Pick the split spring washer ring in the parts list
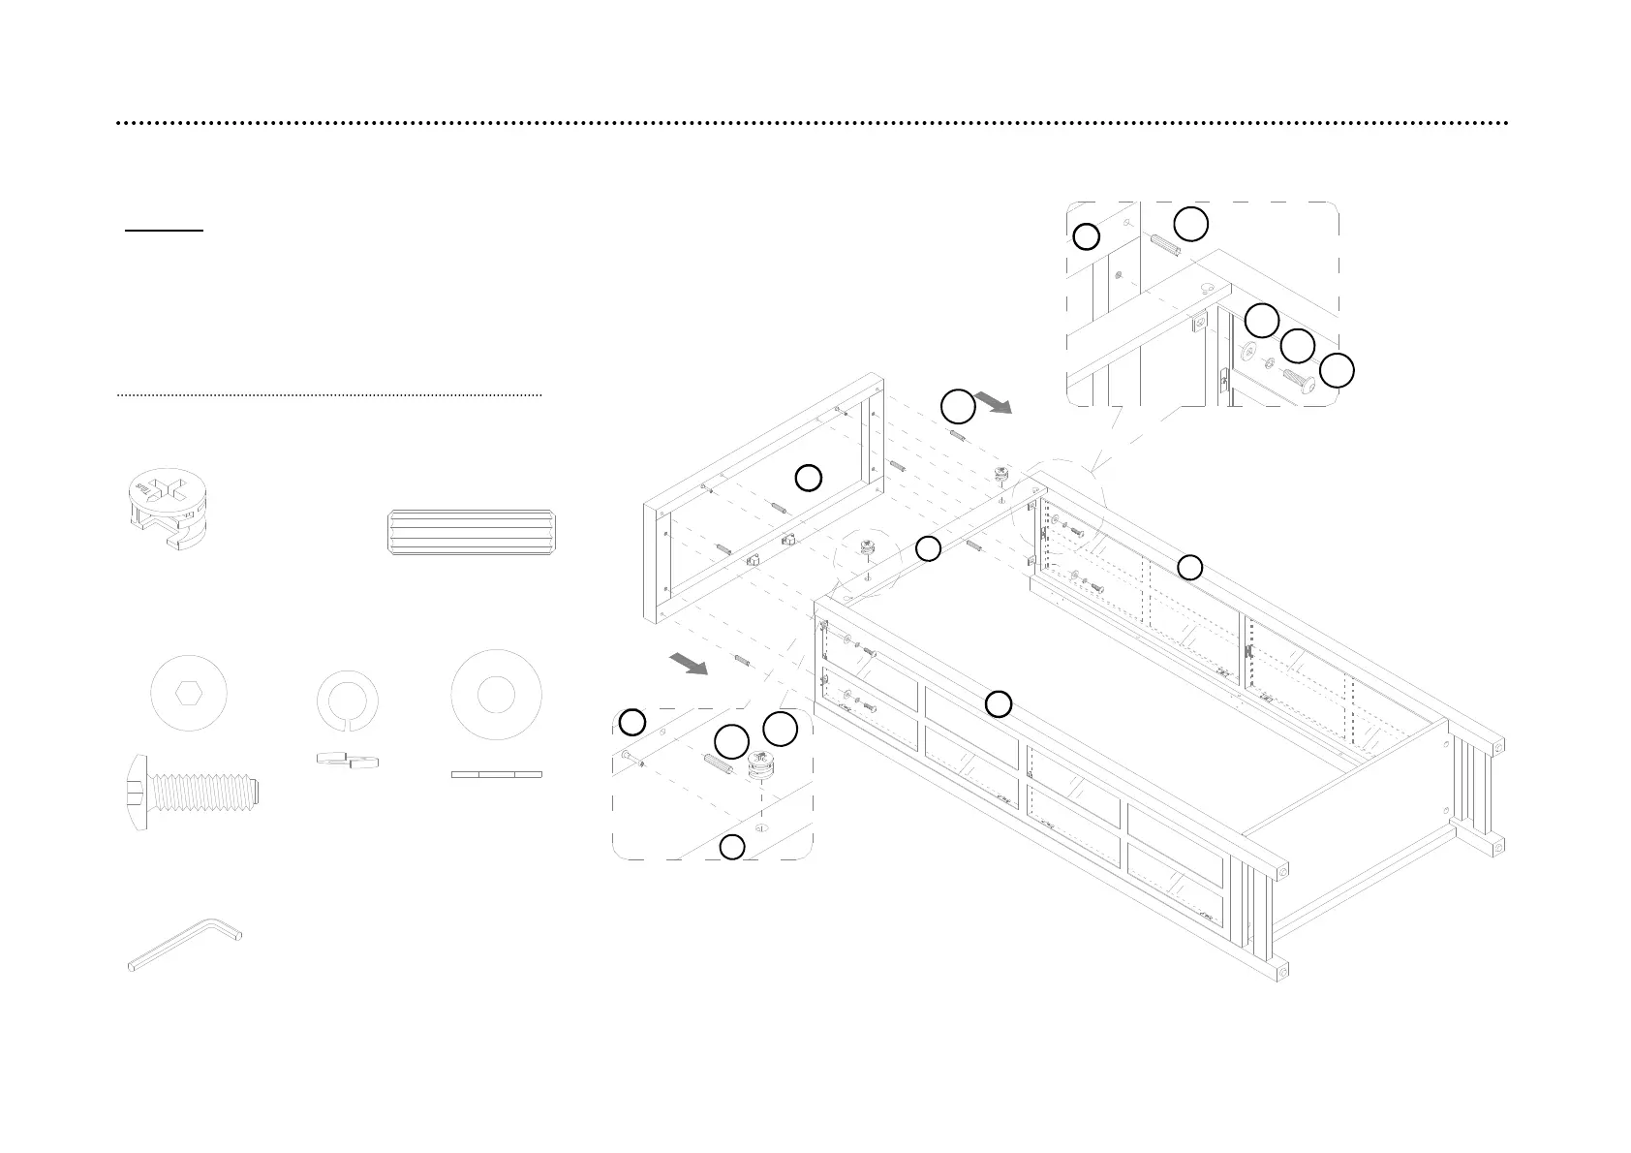coord(348,698)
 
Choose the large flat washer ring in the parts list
coord(496,694)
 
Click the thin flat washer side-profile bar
coord(496,774)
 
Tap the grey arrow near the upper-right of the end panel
coord(993,402)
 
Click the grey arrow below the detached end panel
coord(688,664)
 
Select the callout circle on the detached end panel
coord(809,477)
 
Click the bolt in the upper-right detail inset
coord(1297,380)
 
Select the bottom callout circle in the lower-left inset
coord(732,847)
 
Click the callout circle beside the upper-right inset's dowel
coord(1191,223)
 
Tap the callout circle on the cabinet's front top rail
coord(999,703)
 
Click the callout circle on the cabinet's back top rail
coord(1189,568)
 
